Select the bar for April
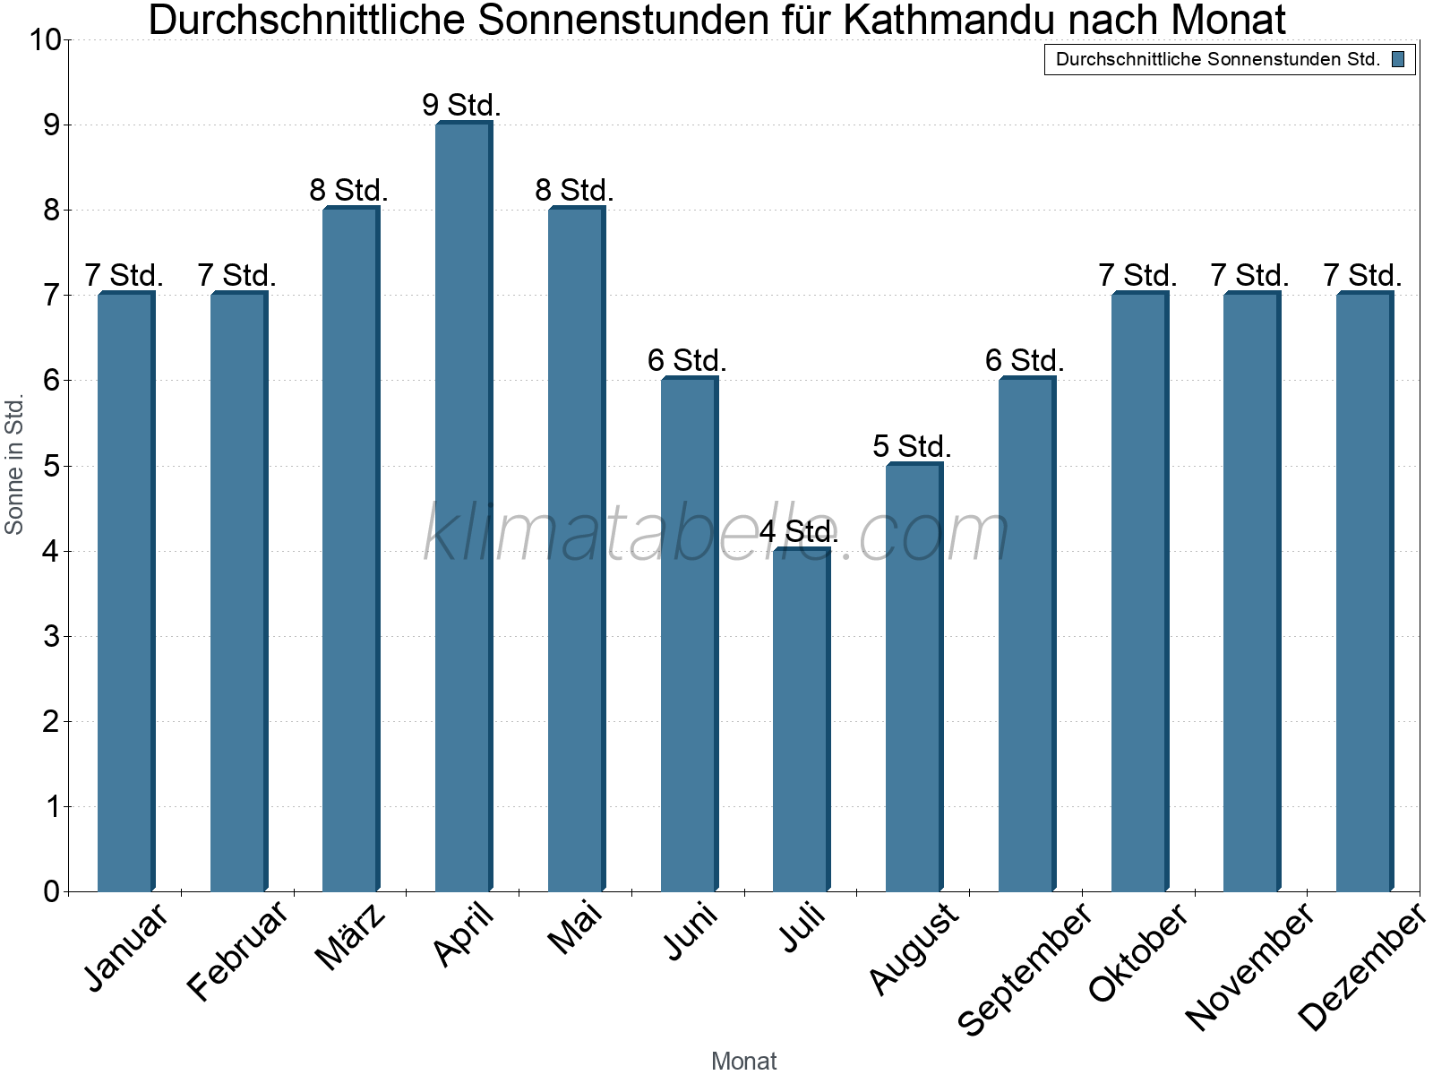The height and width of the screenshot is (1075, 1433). [463, 506]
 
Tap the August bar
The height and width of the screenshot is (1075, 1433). [914, 676]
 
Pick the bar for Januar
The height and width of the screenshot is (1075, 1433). [125, 591]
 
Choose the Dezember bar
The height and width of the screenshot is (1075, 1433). [1364, 591]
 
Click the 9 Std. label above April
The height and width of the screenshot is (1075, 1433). [461, 105]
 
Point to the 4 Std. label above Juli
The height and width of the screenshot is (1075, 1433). [799, 531]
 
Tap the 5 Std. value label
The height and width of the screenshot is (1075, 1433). [912, 446]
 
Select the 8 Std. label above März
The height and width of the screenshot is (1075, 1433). [348, 190]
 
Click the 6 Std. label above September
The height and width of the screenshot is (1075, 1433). [1025, 360]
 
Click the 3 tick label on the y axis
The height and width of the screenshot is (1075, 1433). [51, 637]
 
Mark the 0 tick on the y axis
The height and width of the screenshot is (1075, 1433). [51, 891]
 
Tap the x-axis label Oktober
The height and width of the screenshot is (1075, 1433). [1138, 953]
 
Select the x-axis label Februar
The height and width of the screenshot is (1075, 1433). [238, 953]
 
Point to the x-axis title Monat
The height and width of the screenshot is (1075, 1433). [743, 1061]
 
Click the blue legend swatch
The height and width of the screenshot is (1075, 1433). [1398, 59]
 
